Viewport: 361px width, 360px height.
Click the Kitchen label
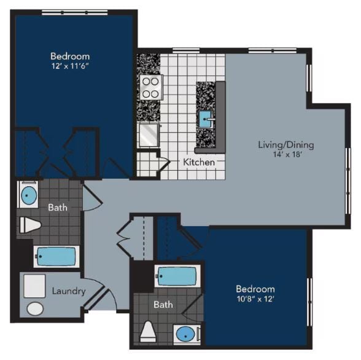tap(199, 163)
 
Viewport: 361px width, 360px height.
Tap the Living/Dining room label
tap(285, 145)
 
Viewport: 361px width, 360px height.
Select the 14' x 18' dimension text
tap(285, 155)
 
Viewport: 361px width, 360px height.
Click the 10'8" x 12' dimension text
tap(255, 299)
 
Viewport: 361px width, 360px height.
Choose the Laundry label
tap(68, 291)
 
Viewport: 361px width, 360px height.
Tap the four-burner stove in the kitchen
tap(150, 87)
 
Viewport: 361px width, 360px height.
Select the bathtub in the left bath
tap(56, 256)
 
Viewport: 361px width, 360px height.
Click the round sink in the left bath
tap(29, 196)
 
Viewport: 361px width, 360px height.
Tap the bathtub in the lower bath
tap(176, 276)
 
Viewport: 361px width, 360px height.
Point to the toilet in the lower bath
tap(148, 332)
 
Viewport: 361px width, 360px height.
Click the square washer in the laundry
tap(35, 286)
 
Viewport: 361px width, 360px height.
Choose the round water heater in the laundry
tap(35, 308)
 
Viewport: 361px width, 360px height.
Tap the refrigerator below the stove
tap(149, 135)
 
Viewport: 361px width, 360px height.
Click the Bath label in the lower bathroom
tap(163, 305)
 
